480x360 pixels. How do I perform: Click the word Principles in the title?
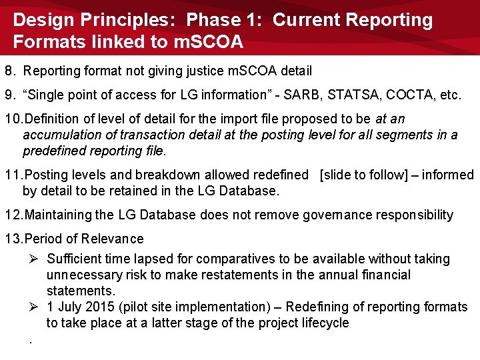pyautogui.click(x=135, y=20)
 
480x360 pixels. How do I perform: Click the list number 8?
pyautogui.click(x=9, y=71)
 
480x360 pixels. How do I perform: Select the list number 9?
pyautogui.click(x=9, y=95)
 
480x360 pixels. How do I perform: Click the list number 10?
pyautogui.click(x=13, y=119)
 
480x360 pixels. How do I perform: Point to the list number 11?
pyautogui.click(x=13, y=175)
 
